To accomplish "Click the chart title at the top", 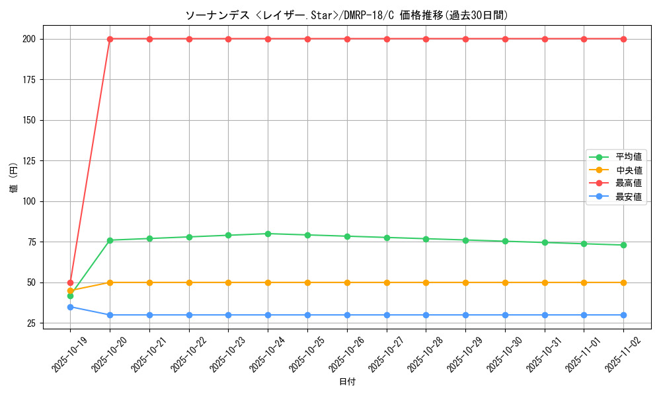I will (346, 15).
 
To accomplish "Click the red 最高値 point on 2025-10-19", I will (70, 282).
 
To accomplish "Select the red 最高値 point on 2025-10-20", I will (110, 39).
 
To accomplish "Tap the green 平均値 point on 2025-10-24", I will (268, 234).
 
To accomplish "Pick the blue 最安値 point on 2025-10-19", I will (70, 307).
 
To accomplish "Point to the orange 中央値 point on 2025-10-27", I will (387, 282).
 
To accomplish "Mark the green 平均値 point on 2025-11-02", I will (623, 245).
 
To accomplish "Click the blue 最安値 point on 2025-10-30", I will (505, 315).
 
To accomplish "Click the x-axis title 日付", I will (347, 382).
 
